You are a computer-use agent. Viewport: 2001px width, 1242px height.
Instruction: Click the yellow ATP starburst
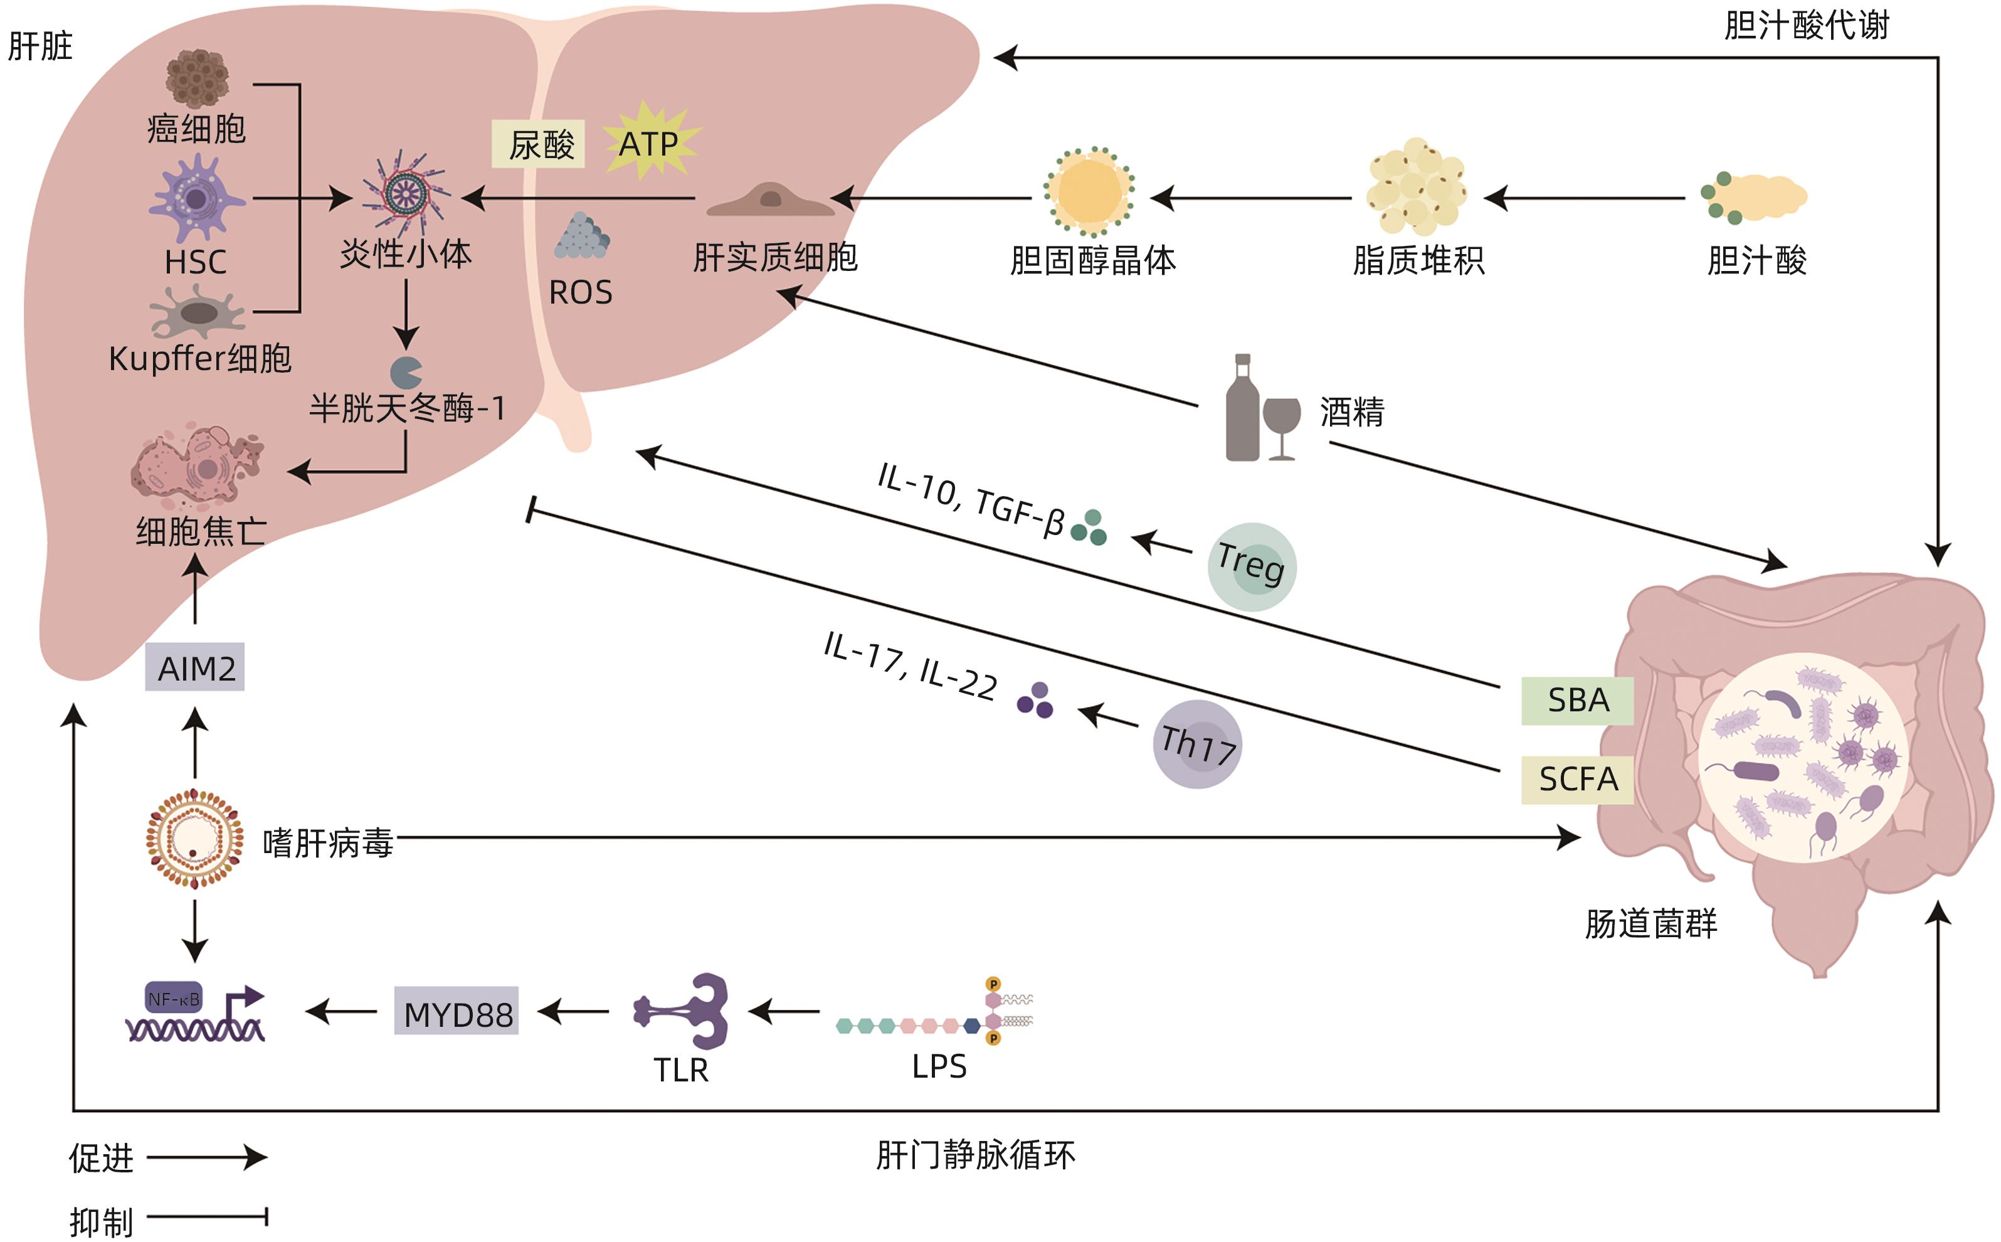(x=650, y=141)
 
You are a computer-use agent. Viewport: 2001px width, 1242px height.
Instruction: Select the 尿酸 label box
(x=539, y=144)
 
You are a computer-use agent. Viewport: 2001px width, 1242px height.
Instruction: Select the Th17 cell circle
(x=1196, y=744)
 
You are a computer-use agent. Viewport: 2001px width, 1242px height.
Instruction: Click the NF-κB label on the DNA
(x=173, y=999)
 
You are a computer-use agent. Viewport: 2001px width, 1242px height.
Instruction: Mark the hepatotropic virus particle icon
(x=194, y=839)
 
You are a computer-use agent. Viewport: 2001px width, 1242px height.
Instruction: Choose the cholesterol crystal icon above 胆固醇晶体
(x=1090, y=192)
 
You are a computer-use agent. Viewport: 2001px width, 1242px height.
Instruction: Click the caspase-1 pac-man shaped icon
(x=406, y=372)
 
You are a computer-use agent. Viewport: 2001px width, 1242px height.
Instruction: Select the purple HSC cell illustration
(x=196, y=199)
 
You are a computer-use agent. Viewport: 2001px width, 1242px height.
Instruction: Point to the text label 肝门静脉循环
(x=974, y=1155)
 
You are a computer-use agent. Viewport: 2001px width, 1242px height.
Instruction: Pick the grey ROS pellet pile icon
(x=581, y=236)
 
